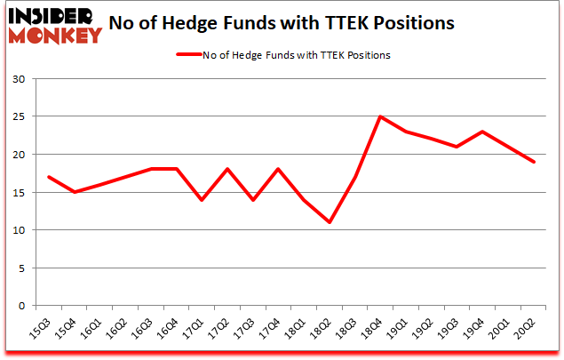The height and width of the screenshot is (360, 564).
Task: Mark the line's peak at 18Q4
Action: pyautogui.click(x=380, y=116)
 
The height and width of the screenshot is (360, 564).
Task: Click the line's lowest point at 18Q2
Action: pyautogui.click(x=329, y=222)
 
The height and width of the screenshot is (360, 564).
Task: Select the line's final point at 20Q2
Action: pyautogui.click(x=535, y=162)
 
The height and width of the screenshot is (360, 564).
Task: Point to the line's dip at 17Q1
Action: pyautogui.click(x=202, y=200)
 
